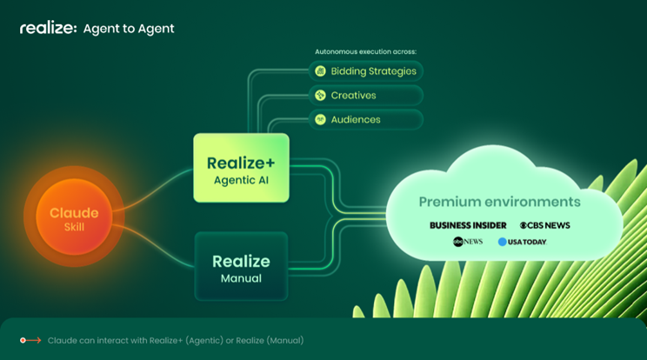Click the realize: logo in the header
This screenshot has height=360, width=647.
click(49, 28)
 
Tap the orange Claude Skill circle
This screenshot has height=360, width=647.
click(74, 217)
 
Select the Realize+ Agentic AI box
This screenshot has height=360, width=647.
click(242, 168)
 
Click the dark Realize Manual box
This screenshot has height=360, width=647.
click(242, 266)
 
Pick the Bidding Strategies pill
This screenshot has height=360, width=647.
click(365, 71)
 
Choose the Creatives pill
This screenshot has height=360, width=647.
click(365, 96)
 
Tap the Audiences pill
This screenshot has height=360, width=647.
click(365, 120)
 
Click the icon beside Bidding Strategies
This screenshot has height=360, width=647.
click(321, 71)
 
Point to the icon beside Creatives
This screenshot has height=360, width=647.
click(321, 96)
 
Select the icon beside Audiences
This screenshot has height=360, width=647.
click(321, 120)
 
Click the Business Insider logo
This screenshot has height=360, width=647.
click(468, 225)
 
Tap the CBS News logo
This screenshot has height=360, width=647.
click(545, 225)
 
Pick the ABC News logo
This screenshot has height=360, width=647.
click(468, 242)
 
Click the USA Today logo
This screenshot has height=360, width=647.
click(523, 242)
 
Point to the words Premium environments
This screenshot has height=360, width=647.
click(500, 202)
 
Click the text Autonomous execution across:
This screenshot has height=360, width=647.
click(365, 51)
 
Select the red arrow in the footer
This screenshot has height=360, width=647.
click(31, 340)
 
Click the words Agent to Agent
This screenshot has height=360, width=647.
click(129, 29)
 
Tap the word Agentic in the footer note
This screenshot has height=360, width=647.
click(204, 341)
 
